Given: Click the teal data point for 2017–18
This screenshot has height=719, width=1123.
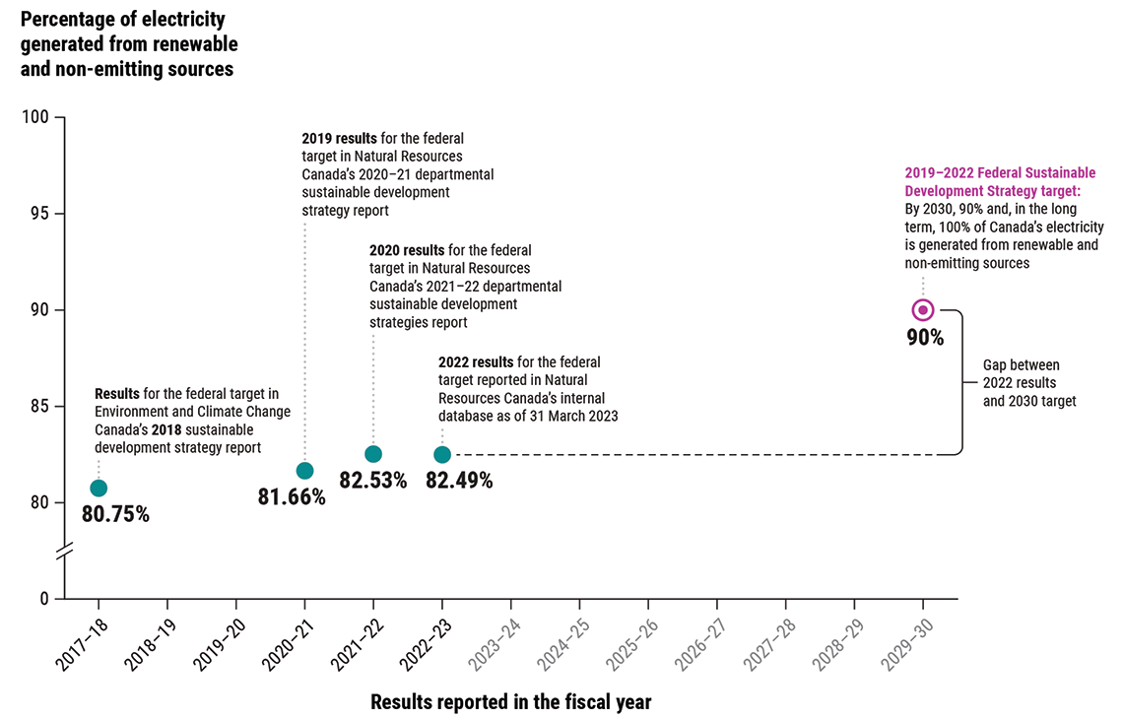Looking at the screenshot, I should pyautogui.click(x=99, y=488).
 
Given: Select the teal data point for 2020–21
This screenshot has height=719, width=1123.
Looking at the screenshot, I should pyautogui.click(x=304, y=471).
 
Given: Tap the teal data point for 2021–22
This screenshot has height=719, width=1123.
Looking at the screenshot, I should pyautogui.click(x=373, y=454).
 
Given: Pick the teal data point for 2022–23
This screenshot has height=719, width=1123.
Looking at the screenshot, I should pyautogui.click(x=442, y=454).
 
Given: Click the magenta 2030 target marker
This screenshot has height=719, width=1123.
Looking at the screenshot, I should pyautogui.click(x=923, y=310).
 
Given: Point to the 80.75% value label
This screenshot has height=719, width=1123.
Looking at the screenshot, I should pyautogui.click(x=115, y=514).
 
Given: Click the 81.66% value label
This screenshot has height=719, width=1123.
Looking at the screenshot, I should pyautogui.click(x=292, y=497).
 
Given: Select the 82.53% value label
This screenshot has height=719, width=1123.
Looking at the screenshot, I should pyautogui.click(x=372, y=481).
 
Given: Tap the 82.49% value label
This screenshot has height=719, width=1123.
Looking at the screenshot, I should pyautogui.click(x=459, y=481).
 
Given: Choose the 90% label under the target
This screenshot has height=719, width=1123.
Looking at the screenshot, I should pyautogui.click(x=925, y=338).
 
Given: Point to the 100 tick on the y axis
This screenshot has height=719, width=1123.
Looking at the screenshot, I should pyautogui.click(x=34, y=118).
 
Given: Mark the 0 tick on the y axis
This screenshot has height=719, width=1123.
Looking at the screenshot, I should pyautogui.click(x=44, y=598).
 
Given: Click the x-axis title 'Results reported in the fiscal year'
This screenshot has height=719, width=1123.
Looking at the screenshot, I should pyautogui.click(x=510, y=702).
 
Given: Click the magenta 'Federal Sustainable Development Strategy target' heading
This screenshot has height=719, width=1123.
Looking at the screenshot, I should pyautogui.click(x=999, y=181).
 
